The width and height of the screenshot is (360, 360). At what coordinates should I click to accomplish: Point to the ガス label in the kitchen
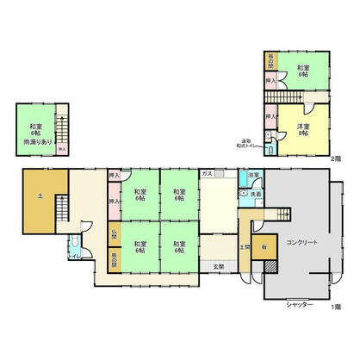pyautogui.click(x=207, y=174)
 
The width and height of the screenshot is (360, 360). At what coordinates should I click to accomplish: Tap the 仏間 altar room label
pyautogui.click(x=114, y=233)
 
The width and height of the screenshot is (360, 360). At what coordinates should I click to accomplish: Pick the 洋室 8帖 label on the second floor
pyautogui.click(x=303, y=129)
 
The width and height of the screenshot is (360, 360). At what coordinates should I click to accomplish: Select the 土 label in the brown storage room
pyautogui.click(x=40, y=197)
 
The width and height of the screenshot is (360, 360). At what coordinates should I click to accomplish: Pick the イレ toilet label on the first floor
pyautogui.click(x=75, y=254)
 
